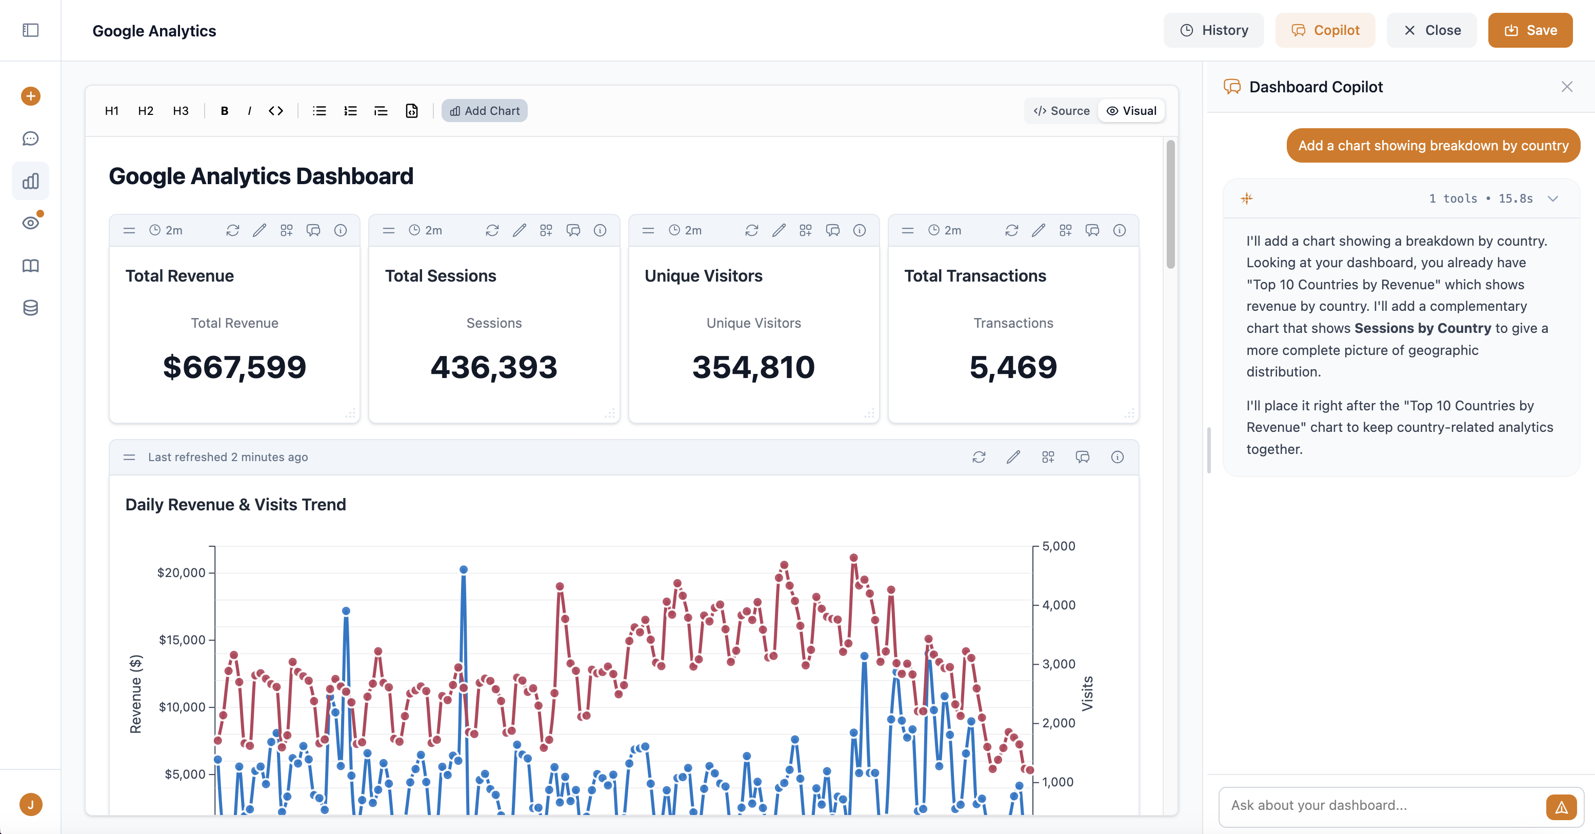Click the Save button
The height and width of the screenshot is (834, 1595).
(1529, 30)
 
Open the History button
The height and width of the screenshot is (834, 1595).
(1213, 30)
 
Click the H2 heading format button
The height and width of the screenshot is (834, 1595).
(146, 111)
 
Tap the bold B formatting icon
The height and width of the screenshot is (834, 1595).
(224, 111)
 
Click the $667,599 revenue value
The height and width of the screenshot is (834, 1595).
(234, 367)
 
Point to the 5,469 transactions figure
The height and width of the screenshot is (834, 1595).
(1013, 367)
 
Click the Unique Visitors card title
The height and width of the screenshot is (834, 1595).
(703, 276)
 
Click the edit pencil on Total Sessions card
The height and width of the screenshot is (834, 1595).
(519, 230)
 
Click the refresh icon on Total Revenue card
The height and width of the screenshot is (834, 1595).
(233, 230)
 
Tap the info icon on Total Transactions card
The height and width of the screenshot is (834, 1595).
(1119, 230)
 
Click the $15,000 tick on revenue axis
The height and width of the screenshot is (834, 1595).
(182, 640)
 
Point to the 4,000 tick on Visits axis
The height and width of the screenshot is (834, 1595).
(1058, 605)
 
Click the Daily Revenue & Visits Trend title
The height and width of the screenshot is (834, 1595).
(235, 505)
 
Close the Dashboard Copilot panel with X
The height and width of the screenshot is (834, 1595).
(1566, 87)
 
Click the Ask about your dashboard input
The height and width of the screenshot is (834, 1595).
(1381, 805)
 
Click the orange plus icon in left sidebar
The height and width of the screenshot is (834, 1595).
(30, 96)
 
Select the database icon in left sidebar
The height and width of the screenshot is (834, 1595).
(30, 308)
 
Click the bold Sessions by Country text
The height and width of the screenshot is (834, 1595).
(1422, 328)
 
